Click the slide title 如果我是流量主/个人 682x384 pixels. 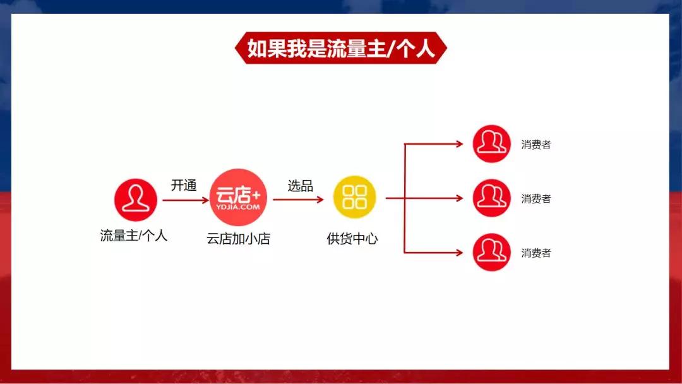pos(341,49)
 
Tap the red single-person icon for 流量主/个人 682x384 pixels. pos(135,199)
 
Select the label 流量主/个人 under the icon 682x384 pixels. pos(134,236)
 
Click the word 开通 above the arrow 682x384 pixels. pos(184,185)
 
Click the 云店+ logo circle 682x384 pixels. pos(239,196)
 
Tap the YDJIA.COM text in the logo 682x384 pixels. pos(239,206)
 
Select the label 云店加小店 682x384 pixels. pos(239,239)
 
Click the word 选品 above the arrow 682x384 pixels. pos(301,185)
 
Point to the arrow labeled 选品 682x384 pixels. pos(298,200)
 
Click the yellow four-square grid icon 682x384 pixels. pos(354,196)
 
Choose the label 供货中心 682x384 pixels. pos(352,239)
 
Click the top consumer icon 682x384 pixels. pos(492,144)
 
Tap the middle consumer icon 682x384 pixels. pos(492,198)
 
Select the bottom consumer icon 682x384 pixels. pos(492,253)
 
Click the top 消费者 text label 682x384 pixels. pos(536,145)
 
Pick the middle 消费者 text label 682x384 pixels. pos(536,199)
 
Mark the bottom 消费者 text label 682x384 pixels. pos(536,253)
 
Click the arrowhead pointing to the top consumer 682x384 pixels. pos(460,144)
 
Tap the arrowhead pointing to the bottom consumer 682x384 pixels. pos(460,253)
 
